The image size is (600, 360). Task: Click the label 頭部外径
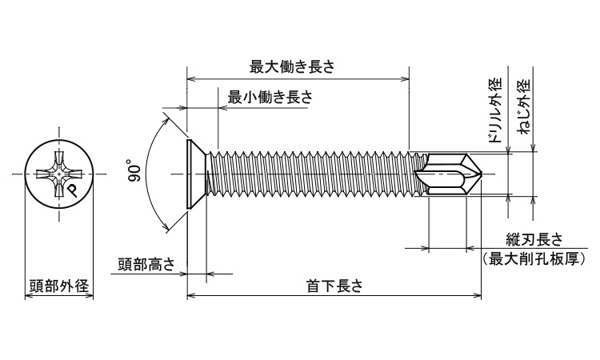tap(58, 286)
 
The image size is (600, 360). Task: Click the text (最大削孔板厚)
tap(534, 258)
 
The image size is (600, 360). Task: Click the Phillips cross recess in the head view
tap(60, 174)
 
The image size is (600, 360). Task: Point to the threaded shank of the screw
tap(312, 174)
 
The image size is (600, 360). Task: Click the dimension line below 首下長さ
tap(334, 296)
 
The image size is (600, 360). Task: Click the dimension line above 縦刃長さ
tap(448, 250)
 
